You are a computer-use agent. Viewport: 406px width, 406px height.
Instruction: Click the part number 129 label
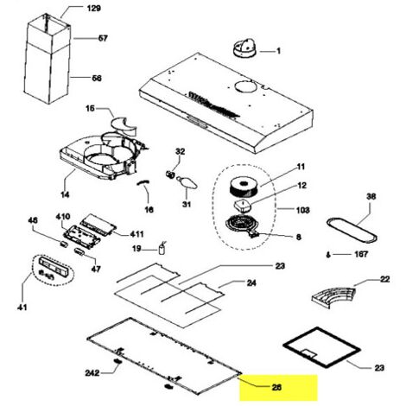tap(93, 9)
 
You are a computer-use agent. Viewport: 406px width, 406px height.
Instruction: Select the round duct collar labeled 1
tap(244, 48)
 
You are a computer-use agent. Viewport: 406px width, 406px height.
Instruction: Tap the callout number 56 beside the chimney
tap(97, 78)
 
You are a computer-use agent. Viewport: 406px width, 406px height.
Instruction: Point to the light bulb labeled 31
tap(187, 182)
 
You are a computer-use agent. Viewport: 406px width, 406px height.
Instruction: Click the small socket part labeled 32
tap(170, 174)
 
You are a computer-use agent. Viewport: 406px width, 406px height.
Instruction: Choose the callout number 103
tap(302, 210)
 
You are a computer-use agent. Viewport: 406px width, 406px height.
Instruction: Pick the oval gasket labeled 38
tap(352, 231)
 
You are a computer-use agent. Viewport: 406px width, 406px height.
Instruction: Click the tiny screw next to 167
tap(328, 255)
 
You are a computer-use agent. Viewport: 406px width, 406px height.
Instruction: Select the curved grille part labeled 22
tap(334, 296)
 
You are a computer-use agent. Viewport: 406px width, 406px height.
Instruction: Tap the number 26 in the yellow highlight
tap(276, 387)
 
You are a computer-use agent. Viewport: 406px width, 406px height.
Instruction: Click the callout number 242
tap(92, 373)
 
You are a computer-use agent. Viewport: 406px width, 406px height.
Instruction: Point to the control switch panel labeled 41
tap(54, 269)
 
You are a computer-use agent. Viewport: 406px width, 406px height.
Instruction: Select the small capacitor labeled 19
tap(162, 249)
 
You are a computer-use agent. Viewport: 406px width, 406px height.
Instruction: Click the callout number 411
tap(136, 234)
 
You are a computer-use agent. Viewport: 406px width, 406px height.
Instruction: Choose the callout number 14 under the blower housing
tap(65, 194)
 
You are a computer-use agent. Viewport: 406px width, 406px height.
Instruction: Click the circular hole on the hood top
tap(245, 86)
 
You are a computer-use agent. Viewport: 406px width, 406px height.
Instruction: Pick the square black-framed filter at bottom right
tap(322, 347)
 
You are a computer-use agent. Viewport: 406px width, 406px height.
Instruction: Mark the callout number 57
tap(103, 38)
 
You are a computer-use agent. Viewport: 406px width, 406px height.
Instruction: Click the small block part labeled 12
tap(244, 206)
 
